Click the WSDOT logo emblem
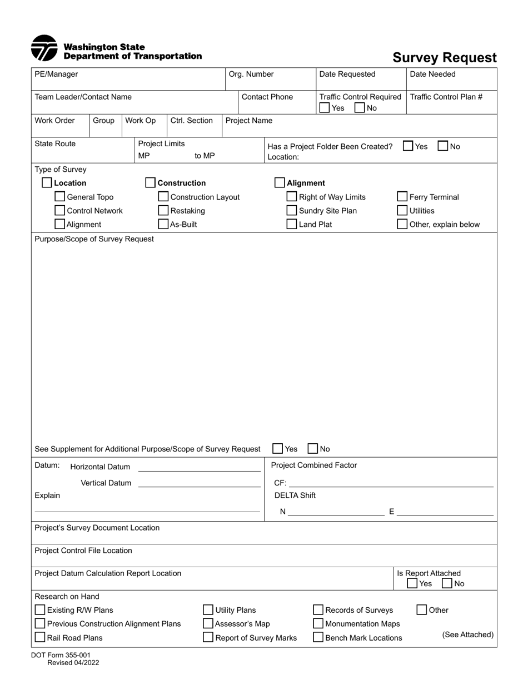[44, 48]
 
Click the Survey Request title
[445, 58]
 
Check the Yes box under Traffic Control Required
[325, 108]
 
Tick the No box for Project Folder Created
[443, 146]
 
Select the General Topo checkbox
[60, 197]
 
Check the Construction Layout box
[163, 197]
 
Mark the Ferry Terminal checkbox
[402, 197]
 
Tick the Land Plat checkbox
[292, 225]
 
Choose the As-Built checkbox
[163, 225]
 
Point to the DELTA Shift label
[295, 495]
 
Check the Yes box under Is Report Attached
[412, 583]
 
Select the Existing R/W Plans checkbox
[40, 610]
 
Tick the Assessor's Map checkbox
[208, 624]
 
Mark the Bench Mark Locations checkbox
[318, 638]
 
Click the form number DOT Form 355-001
[61, 655]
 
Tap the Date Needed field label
[432, 74]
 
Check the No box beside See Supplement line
[313, 449]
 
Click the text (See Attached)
[467, 635]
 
